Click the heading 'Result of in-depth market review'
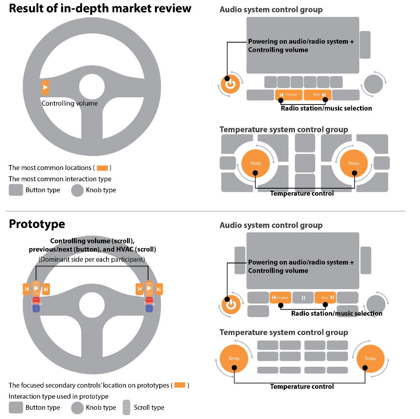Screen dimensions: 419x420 point(100,9)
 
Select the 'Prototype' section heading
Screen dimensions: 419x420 point(37,224)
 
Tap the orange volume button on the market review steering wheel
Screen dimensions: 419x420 point(45,88)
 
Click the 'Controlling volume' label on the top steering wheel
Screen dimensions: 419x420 point(70,103)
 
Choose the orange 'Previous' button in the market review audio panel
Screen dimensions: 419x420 point(288,95)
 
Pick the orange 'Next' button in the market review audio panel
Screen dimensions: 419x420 point(317,95)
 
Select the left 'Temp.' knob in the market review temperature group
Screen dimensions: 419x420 point(255,163)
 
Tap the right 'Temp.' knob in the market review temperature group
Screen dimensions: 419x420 point(354,163)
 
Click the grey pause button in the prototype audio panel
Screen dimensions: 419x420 point(303,298)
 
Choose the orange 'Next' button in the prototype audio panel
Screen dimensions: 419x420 point(325,298)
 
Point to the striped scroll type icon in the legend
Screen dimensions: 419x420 point(126,407)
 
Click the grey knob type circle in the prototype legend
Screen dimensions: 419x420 point(77,407)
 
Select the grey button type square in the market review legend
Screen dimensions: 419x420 point(16,190)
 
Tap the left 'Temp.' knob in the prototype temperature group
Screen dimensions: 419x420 point(234,358)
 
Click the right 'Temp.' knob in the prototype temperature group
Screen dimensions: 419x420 point(370,358)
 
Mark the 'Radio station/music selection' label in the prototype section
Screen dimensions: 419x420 point(336,313)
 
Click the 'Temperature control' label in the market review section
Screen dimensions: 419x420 point(302,193)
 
